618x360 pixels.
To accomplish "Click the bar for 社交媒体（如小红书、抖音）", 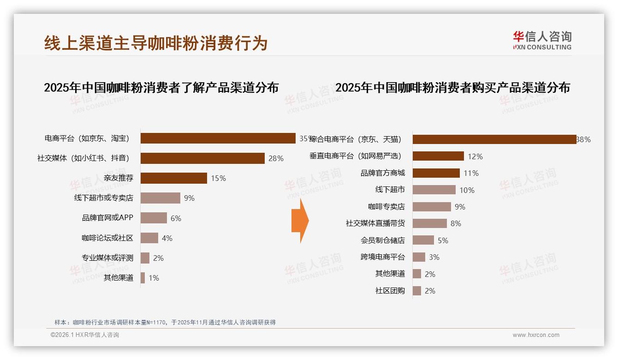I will (202, 158).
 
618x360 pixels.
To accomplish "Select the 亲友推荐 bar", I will (173, 178).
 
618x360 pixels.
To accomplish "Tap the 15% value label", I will (218, 178).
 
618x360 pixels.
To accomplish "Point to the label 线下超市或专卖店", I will (104, 198).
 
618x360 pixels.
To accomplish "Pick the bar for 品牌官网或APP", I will (154, 218).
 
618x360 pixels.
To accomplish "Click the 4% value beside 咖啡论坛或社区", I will (167, 238).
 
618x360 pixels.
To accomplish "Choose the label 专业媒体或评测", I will (107, 258).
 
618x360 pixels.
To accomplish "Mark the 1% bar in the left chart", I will (143, 278).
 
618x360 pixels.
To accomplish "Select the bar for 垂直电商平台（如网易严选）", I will (438, 156).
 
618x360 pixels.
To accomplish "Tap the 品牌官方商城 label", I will (383, 173).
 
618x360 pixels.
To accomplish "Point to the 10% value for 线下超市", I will (467, 190).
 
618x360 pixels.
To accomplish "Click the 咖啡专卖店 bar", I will (432, 207).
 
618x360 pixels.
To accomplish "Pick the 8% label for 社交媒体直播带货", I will (456, 223).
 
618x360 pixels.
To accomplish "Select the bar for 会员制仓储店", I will (423, 240).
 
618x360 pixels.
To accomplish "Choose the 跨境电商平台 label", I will (383, 257).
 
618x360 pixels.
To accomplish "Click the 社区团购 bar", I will (416, 291).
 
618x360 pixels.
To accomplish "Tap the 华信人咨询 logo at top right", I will (542, 40).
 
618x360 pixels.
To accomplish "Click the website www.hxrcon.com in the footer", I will (536, 335).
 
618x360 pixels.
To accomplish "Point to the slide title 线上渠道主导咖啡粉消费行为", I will (156, 43).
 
